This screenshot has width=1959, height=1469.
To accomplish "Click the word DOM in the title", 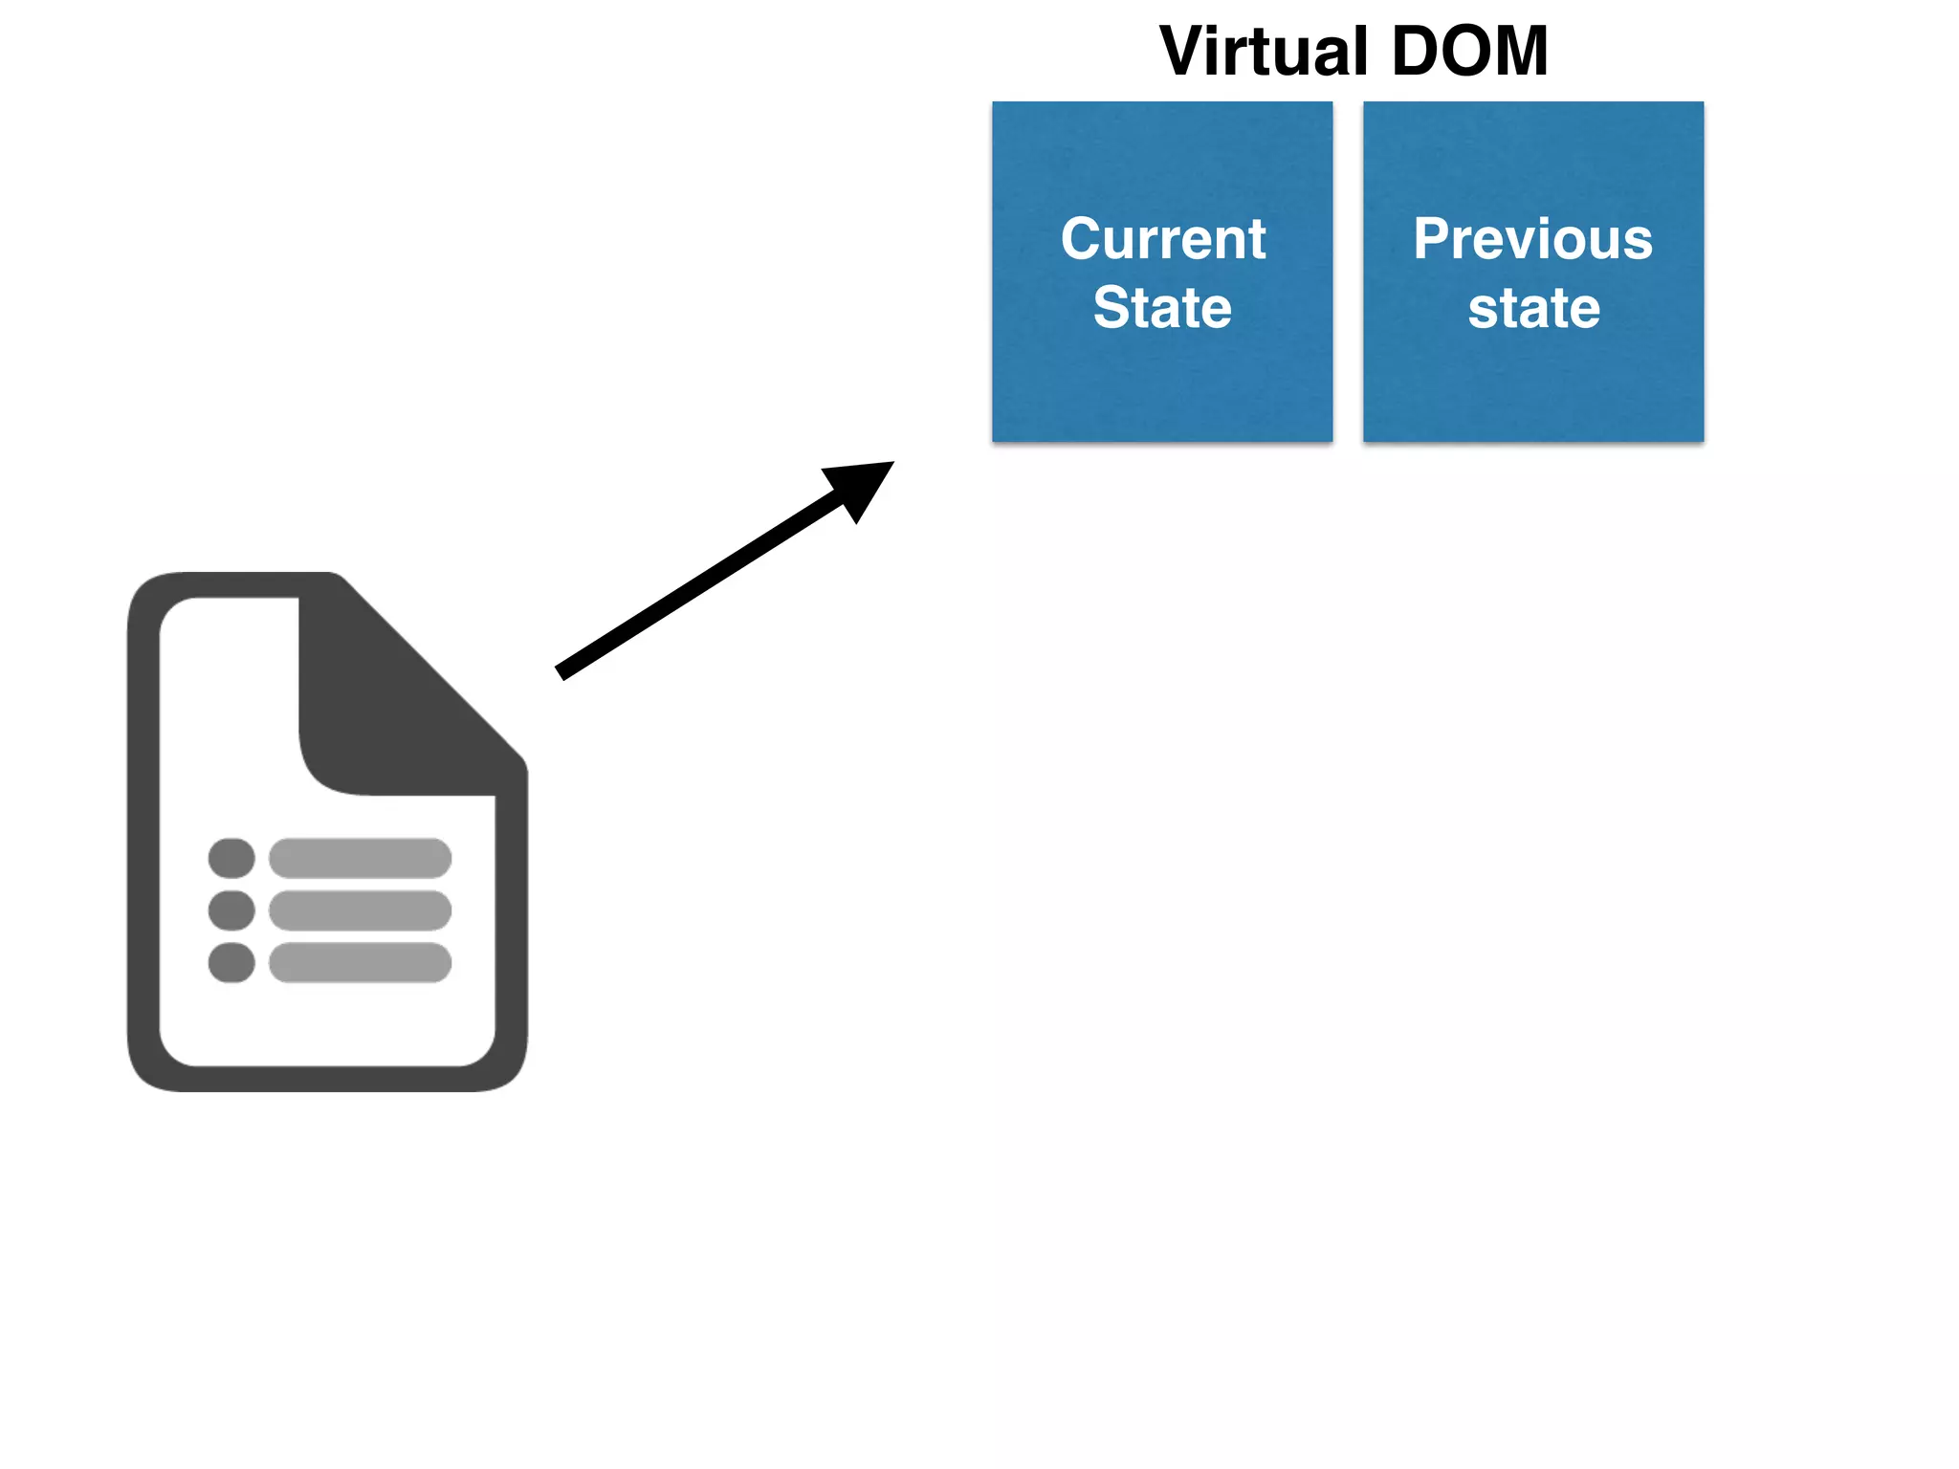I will coord(1469,52).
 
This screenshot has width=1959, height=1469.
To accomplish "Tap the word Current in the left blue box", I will coord(1163,238).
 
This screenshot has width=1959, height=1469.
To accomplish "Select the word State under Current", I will coord(1162,308).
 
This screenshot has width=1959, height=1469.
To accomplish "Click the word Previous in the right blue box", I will coord(1532,238).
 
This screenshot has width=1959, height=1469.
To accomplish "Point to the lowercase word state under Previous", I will coord(1533,308).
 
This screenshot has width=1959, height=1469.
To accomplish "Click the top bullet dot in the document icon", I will coord(231,858).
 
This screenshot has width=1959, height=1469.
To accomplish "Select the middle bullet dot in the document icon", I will coord(231,910).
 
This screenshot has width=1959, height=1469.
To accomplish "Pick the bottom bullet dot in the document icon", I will coord(231,962).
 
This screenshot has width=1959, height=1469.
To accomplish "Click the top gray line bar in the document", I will coord(360,858).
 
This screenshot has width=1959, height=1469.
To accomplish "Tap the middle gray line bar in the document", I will coord(360,910).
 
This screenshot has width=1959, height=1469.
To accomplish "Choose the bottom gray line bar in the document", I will coord(360,962).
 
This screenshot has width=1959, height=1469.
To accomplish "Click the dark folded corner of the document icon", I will coord(383,708).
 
